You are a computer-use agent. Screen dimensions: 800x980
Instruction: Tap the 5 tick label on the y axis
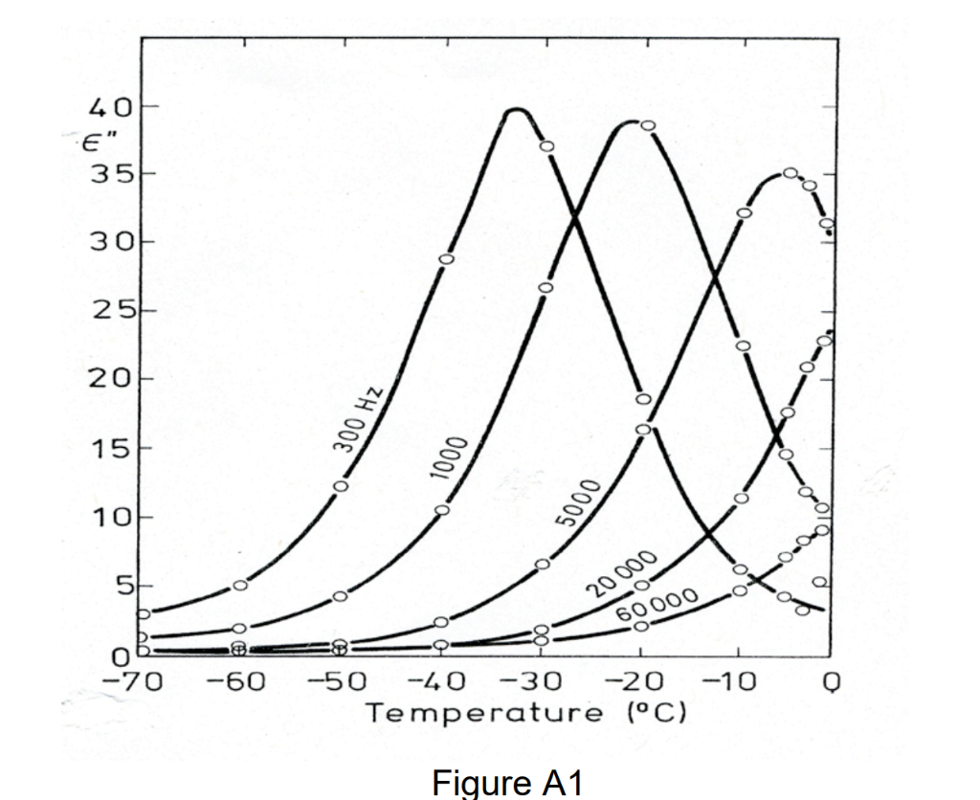(124, 586)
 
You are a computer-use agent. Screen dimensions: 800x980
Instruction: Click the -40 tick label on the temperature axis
(441, 681)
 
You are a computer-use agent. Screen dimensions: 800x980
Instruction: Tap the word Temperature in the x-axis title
(464, 713)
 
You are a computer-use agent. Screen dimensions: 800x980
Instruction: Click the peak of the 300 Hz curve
(517, 110)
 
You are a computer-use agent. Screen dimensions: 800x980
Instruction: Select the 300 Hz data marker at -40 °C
(446, 259)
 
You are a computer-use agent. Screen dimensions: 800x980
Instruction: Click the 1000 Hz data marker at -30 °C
(546, 288)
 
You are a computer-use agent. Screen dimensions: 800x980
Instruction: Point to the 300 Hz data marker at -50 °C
(341, 486)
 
